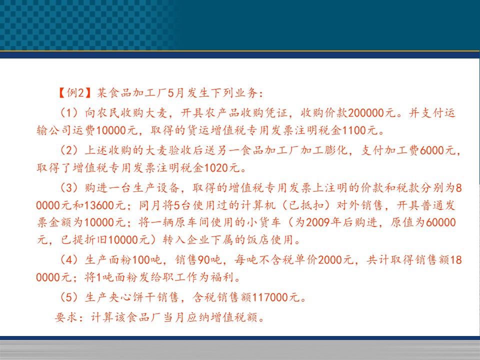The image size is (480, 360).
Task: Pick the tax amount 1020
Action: click(216, 168)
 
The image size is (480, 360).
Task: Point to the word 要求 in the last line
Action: click(66, 317)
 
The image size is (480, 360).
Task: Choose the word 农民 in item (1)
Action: click(108, 113)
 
